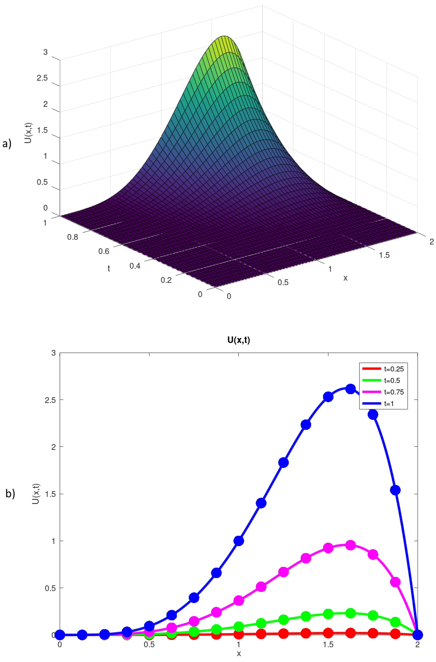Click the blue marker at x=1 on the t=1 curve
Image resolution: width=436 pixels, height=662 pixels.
pyautogui.click(x=239, y=541)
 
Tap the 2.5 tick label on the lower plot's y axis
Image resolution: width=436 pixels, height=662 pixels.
pyautogui.click(x=50, y=400)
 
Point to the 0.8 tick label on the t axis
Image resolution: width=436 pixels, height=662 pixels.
pyautogui.click(x=72, y=237)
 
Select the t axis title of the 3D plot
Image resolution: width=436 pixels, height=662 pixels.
pyautogui.click(x=109, y=268)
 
